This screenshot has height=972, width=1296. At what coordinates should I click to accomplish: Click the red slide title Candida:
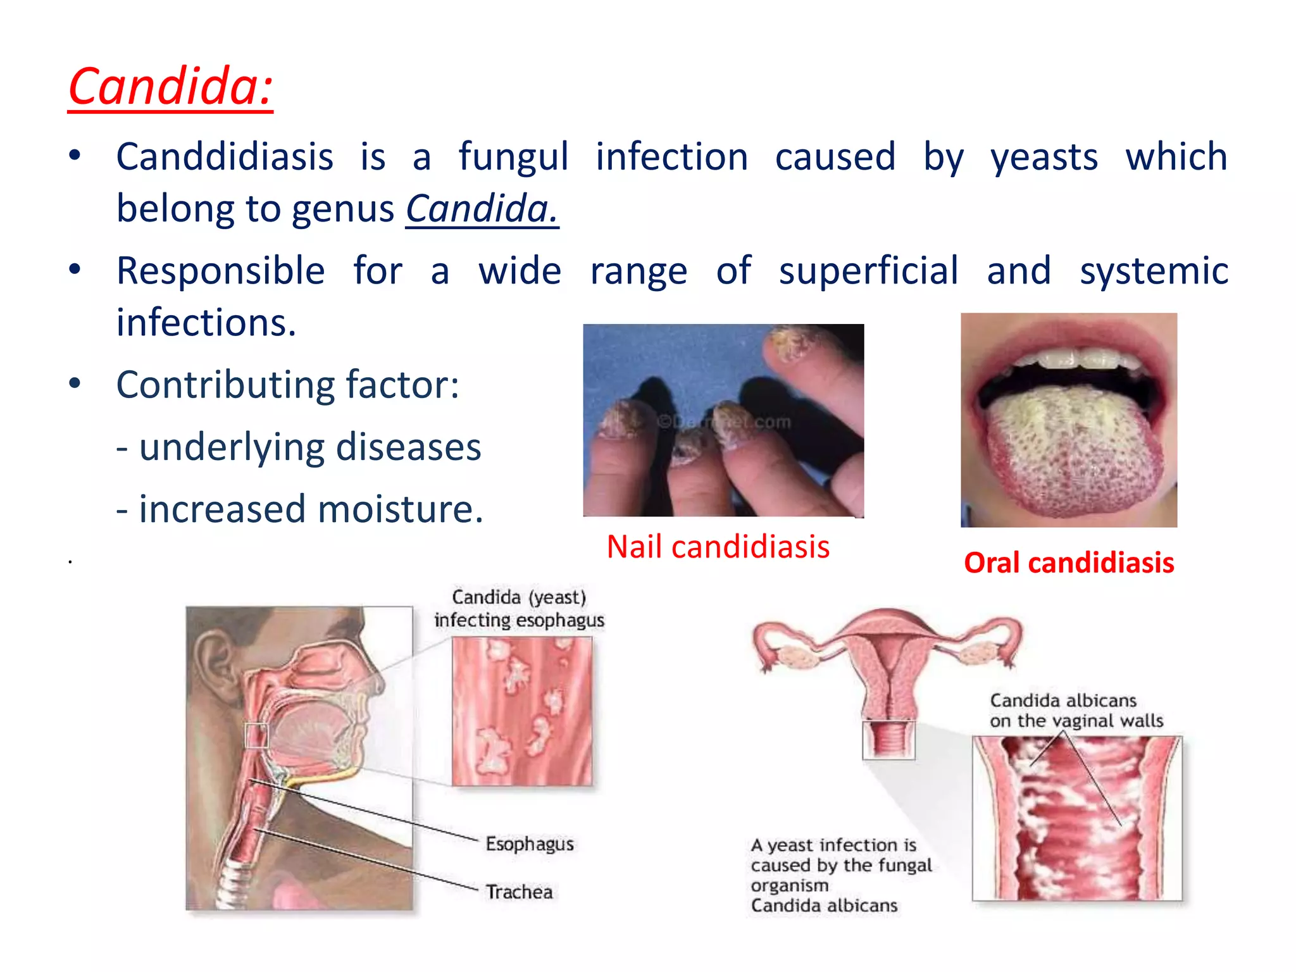(x=170, y=87)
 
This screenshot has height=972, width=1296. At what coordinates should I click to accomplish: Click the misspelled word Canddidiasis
(x=225, y=157)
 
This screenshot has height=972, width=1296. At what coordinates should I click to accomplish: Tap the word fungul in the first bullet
(x=513, y=157)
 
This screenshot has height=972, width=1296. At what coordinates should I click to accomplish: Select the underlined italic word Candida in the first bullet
(x=482, y=209)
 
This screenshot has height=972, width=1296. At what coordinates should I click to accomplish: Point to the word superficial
(x=868, y=271)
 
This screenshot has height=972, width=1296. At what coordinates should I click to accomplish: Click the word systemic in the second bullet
(x=1154, y=271)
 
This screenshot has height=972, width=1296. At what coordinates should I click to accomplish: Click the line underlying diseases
(x=299, y=447)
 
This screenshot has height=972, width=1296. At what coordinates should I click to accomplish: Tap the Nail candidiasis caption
(x=718, y=547)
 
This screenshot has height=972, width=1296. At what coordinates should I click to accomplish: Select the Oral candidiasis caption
(x=1069, y=563)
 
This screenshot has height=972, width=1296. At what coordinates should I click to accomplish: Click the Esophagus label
(x=530, y=844)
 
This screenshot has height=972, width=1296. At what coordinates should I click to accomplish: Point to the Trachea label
(x=519, y=892)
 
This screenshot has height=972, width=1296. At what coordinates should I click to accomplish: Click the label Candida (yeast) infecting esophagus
(x=519, y=609)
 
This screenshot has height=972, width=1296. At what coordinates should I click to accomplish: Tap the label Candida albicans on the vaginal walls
(x=1076, y=710)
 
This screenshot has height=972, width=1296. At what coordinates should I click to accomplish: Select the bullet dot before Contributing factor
(x=75, y=383)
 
